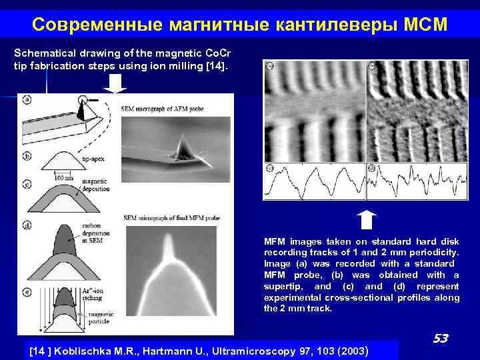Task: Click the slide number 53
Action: [439, 339]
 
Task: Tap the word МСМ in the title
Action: [425, 25]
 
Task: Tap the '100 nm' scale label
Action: [64, 178]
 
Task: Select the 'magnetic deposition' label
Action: [96, 185]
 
